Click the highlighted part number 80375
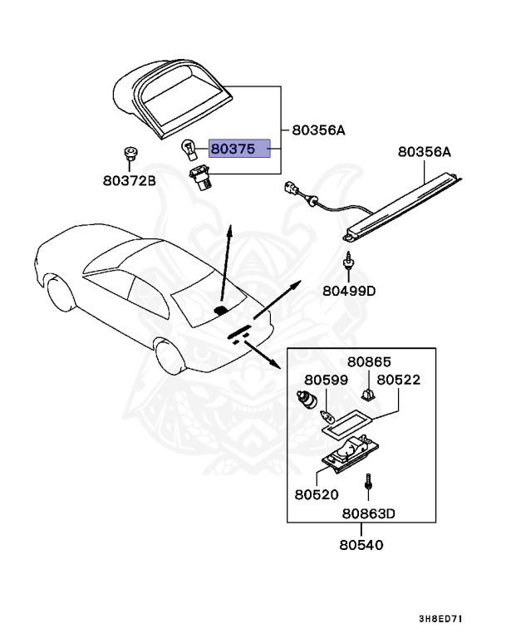[239, 149]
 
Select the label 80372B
[129, 179]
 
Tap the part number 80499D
[349, 292]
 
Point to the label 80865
[369, 362]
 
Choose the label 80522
[399, 380]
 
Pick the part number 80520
[316, 493]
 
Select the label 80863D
[368, 513]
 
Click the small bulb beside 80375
[189, 150]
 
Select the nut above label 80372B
[128, 153]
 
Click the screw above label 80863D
[368, 483]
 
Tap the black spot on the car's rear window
[221, 311]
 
